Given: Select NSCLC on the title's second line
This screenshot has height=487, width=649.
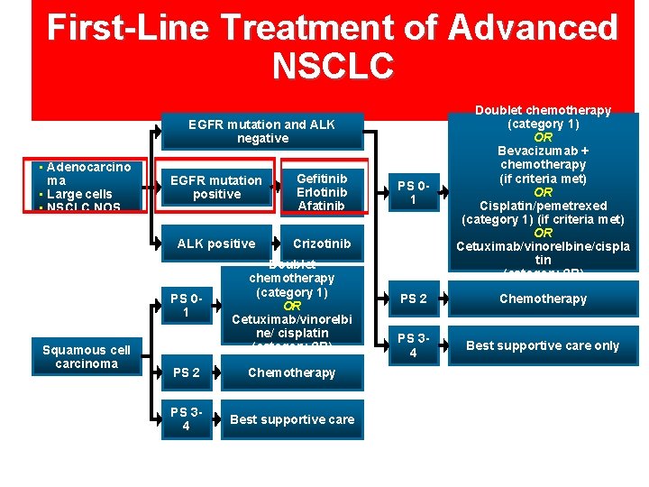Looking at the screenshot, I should pyautogui.click(x=333, y=65).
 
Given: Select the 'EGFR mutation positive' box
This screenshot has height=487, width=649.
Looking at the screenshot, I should pyautogui.click(x=216, y=187).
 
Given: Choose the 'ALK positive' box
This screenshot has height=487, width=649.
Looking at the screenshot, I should pyautogui.click(x=216, y=243).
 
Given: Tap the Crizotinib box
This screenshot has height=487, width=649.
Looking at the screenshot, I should pyautogui.click(x=322, y=243).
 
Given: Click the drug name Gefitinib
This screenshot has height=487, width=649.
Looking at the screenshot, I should pyautogui.click(x=322, y=178).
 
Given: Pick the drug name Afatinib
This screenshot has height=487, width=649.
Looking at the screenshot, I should pyautogui.click(x=322, y=206).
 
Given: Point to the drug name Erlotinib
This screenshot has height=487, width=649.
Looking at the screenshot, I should pyautogui.click(x=322, y=192).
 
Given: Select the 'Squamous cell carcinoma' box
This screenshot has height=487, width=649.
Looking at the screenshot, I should pyautogui.click(x=87, y=356).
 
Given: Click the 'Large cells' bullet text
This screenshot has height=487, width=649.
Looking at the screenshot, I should pyautogui.click(x=79, y=194).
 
